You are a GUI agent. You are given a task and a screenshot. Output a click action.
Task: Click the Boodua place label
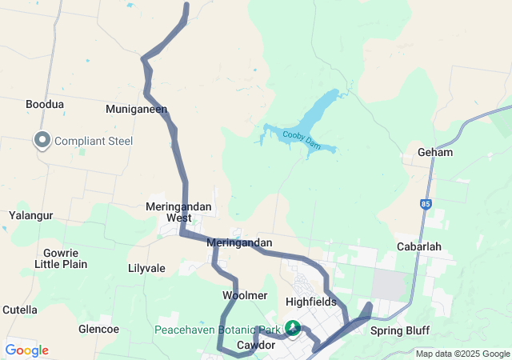[x=45, y=105]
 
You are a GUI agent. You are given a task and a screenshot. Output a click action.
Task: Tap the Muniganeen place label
[x=137, y=108]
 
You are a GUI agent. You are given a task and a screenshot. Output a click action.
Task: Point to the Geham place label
[x=435, y=152]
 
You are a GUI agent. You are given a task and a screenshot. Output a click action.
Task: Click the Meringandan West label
[x=179, y=212]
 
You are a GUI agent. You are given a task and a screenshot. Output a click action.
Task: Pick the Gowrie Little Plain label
[x=60, y=258]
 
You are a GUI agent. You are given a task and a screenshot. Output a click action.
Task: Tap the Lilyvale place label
[x=146, y=269]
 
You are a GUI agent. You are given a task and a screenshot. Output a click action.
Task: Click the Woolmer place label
[x=239, y=295]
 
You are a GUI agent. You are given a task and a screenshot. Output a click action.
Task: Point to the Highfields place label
[x=310, y=302]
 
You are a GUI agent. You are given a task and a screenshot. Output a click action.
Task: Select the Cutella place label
[x=20, y=310]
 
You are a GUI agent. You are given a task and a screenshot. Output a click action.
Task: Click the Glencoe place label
[x=98, y=329]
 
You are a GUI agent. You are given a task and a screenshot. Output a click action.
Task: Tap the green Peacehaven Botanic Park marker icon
[x=294, y=328]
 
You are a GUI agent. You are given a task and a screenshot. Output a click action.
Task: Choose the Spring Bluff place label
[x=401, y=330]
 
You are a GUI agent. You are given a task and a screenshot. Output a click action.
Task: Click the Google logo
[x=26, y=350]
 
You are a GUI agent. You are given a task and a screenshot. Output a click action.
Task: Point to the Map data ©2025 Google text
[x=462, y=354]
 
